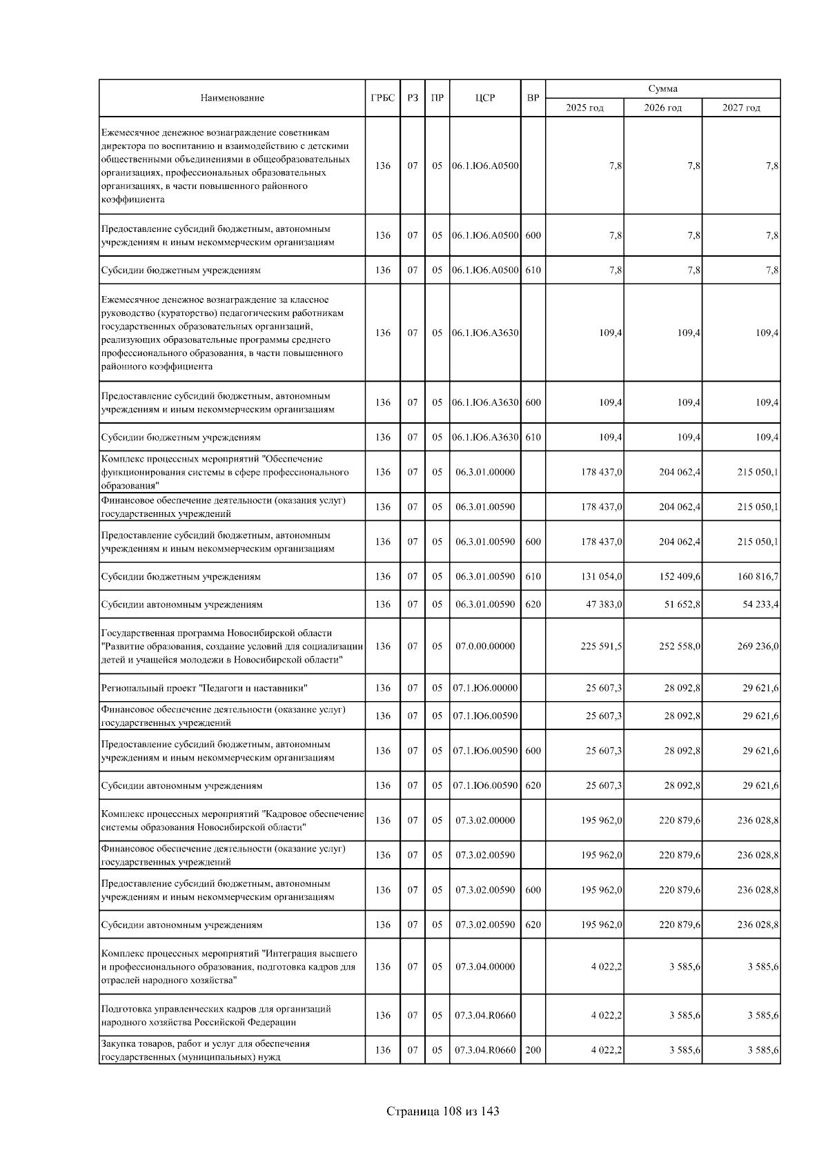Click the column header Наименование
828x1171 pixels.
pyautogui.click(x=232, y=98)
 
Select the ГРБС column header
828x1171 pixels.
pyautogui.click(x=382, y=98)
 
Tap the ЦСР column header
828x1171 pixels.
pyautogui.click(x=484, y=98)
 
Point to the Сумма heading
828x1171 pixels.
pyautogui.click(x=662, y=89)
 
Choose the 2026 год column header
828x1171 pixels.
pyautogui.click(x=662, y=108)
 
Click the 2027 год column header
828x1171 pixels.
pyautogui.click(x=741, y=108)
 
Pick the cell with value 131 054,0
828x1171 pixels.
pyautogui.click(x=602, y=576)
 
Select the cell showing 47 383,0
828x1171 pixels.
pyautogui.click(x=604, y=604)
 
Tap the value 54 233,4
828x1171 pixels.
pyautogui.click(x=758, y=604)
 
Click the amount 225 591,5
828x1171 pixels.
pyautogui.click(x=602, y=647)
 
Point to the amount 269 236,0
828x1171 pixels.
pyautogui.click(x=758, y=647)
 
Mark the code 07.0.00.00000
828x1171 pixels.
pyautogui.click(x=484, y=647)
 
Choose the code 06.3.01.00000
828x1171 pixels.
pyautogui.click(x=484, y=472)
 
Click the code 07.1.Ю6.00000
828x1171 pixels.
pyautogui.click(x=484, y=688)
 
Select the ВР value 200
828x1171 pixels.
pyautogui.click(x=533, y=1050)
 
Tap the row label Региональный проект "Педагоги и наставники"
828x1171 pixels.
pyautogui.click(x=204, y=688)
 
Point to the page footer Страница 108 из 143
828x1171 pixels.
pyautogui.click(x=442, y=1112)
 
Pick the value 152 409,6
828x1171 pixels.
pyautogui.click(x=680, y=576)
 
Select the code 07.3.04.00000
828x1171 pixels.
pyautogui.click(x=484, y=967)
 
